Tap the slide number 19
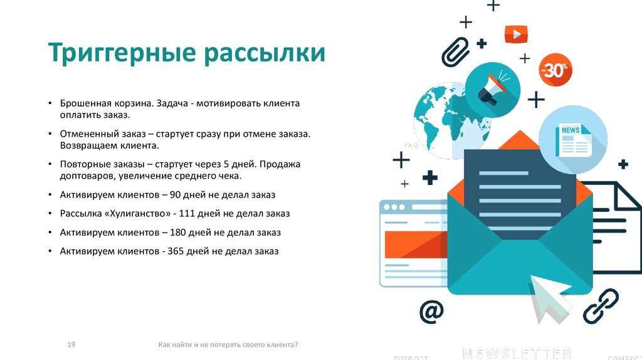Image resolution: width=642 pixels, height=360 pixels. pyautogui.click(x=71, y=345)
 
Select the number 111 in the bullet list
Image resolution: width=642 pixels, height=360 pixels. pyautogui.click(x=187, y=214)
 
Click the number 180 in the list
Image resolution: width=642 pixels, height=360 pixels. pyautogui.click(x=178, y=233)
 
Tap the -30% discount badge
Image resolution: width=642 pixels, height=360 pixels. pyautogui.click(x=555, y=70)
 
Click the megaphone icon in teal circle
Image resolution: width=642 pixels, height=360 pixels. pyautogui.click(x=493, y=89)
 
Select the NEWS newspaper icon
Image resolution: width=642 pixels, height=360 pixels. pyautogui.click(x=572, y=139)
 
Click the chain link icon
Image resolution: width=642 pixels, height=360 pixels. pyautogui.click(x=601, y=305)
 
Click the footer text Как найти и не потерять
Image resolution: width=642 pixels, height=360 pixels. pyautogui.click(x=228, y=345)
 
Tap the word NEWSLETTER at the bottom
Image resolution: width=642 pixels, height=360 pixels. pyautogui.click(x=517, y=352)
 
